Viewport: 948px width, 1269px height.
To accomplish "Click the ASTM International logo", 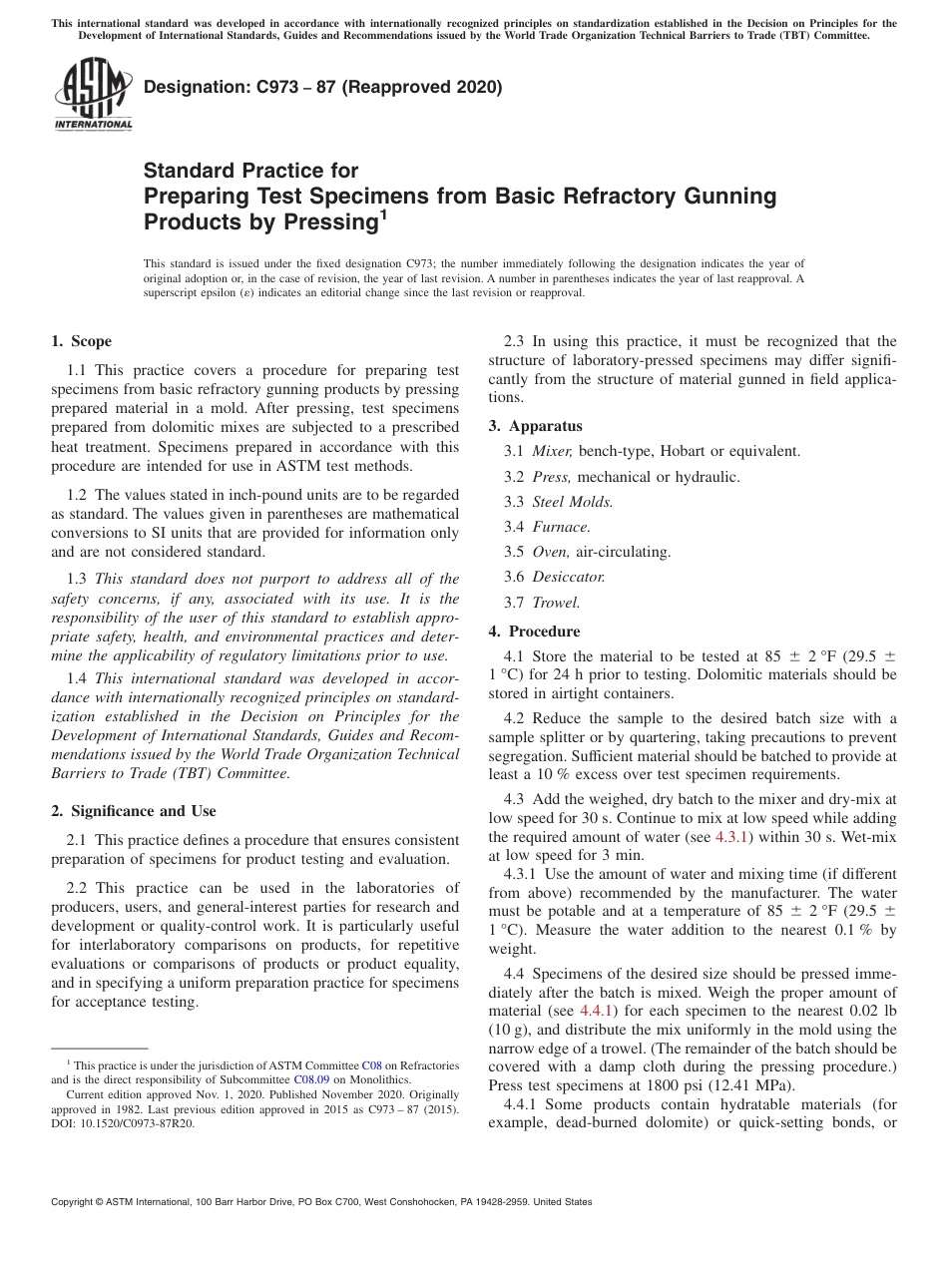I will click(93, 96).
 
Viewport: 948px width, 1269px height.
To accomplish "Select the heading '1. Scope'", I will click(81, 341).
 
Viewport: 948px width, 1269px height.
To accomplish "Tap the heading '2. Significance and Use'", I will click(133, 811).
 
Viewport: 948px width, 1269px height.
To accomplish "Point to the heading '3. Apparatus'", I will click(535, 426).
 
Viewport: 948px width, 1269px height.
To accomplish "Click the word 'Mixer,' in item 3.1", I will click(553, 451).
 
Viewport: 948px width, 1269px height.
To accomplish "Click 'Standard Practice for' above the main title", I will click(250, 171).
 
